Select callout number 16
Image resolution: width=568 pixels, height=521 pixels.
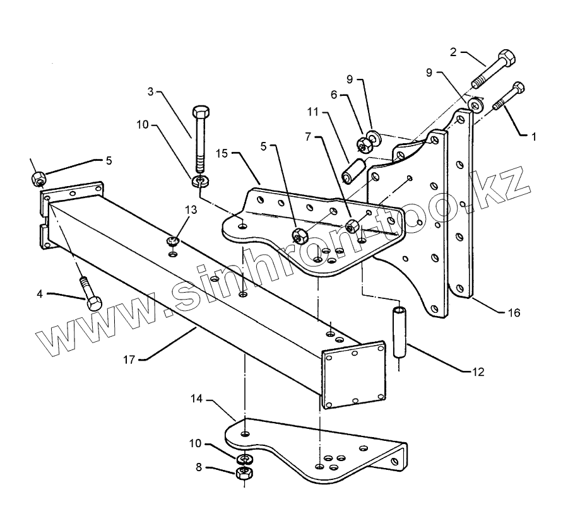click(x=514, y=312)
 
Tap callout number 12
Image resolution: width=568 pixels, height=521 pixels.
click(x=478, y=372)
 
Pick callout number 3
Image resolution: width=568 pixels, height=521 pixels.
click(x=151, y=92)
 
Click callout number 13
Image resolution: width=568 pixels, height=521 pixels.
click(x=191, y=209)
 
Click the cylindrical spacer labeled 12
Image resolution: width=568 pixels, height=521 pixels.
click(x=399, y=331)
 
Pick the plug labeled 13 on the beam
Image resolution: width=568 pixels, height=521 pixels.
click(x=173, y=241)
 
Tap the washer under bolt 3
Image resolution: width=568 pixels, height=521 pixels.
click(x=201, y=182)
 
